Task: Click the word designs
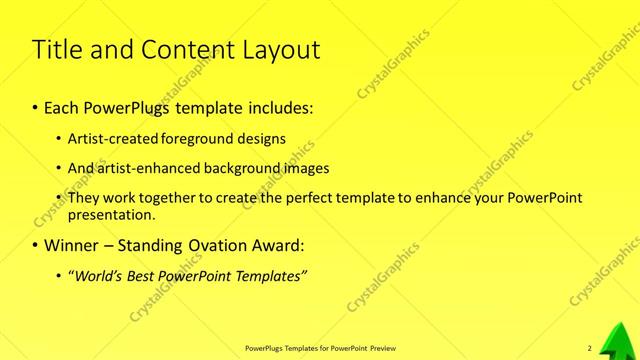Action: click(x=259, y=139)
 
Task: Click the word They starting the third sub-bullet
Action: click(x=83, y=198)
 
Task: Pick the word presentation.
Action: click(x=111, y=214)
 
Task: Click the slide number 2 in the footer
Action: click(x=589, y=348)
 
